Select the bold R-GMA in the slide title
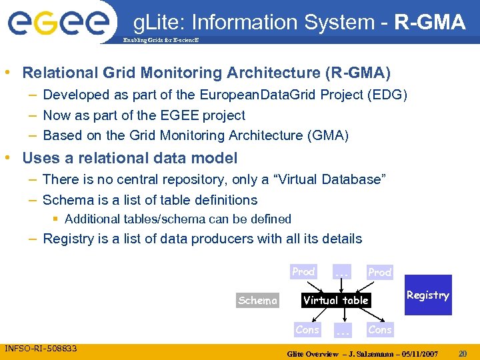[430, 23]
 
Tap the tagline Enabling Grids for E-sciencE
[160, 41]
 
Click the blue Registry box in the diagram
[427, 295]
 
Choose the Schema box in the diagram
[258, 301]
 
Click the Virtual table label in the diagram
[335, 300]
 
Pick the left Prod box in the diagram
[303, 272]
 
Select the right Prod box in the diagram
[379, 272]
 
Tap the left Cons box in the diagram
[307, 329]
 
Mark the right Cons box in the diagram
[379, 329]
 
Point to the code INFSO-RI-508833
[41, 349]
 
